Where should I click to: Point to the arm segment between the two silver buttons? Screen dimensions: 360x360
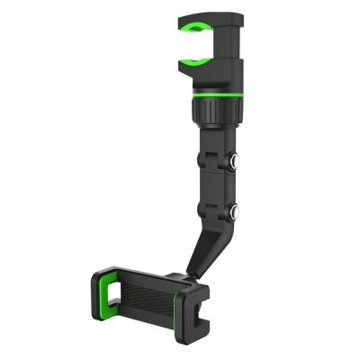click(x=219, y=187)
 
